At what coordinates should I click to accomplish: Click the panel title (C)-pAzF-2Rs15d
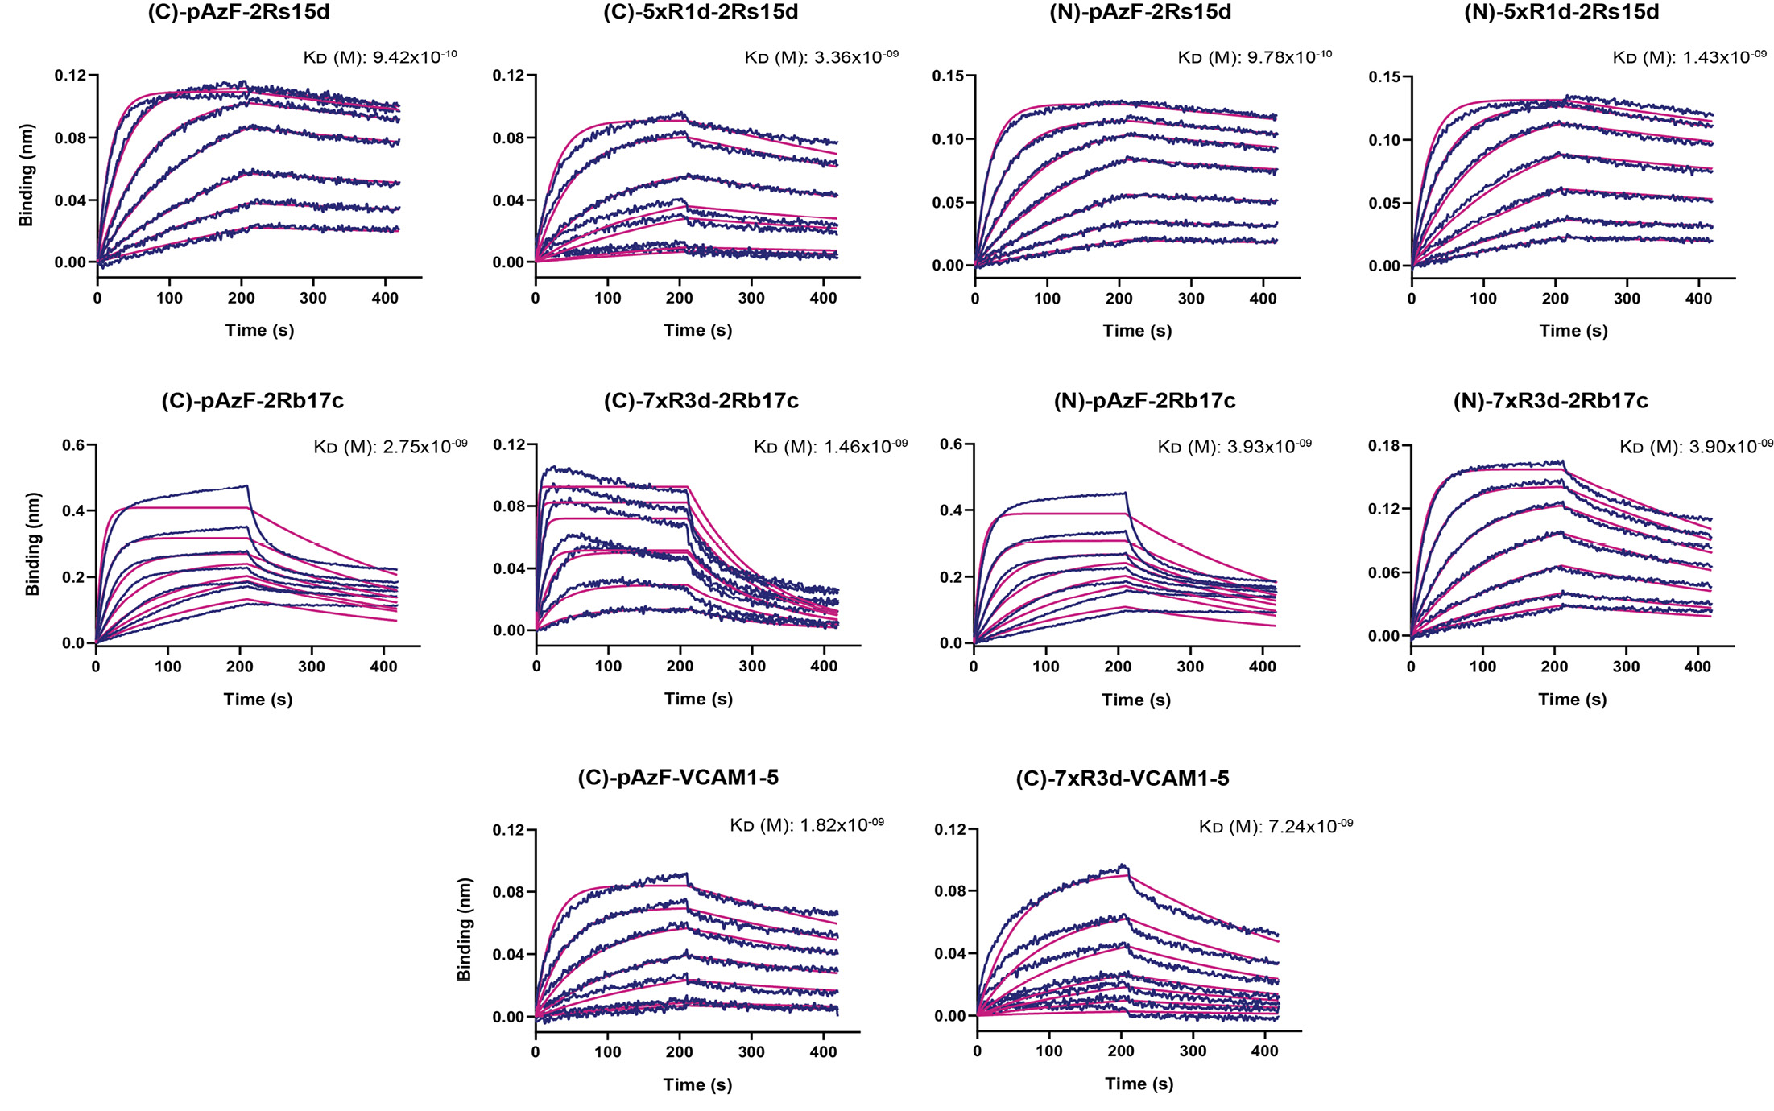[x=238, y=13]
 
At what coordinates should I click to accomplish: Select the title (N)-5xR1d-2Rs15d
[x=1561, y=13]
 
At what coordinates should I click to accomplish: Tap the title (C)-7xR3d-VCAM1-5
[x=1122, y=779]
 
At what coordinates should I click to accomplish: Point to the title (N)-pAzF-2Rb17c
[x=1144, y=401]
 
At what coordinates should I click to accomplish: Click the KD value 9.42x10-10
[x=415, y=57]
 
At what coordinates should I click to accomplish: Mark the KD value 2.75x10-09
[x=424, y=447]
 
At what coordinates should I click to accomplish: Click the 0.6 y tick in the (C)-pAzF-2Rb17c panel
[x=73, y=445]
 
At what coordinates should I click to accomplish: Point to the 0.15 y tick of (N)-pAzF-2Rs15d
[x=949, y=76]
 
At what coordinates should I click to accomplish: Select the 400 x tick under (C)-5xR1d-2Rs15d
[x=823, y=298]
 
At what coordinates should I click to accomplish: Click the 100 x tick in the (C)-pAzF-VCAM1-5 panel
[x=607, y=1051]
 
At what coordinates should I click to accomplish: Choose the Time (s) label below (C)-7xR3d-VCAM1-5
[x=1139, y=1084]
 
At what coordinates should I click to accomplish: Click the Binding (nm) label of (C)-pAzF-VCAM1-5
[x=464, y=929]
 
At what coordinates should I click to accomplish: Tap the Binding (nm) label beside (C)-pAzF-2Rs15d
[x=27, y=175]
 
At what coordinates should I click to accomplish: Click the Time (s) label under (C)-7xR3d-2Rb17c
[x=698, y=699]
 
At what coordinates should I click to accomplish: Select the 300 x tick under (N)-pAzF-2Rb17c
[x=1190, y=667]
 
